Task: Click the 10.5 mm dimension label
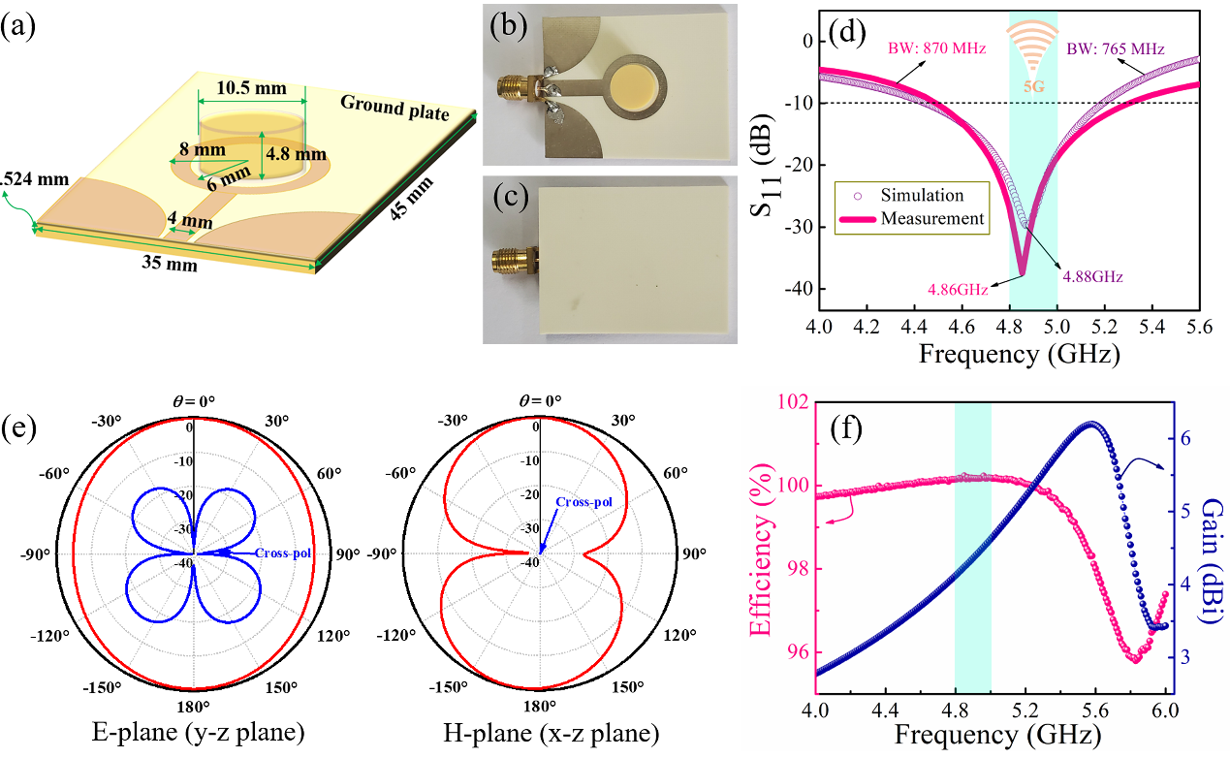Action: (x=251, y=88)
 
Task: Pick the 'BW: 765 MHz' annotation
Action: (x=1113, y=47)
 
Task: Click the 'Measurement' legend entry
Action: (x=932, y=218)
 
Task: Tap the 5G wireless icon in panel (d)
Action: (x=1031, y=48)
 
